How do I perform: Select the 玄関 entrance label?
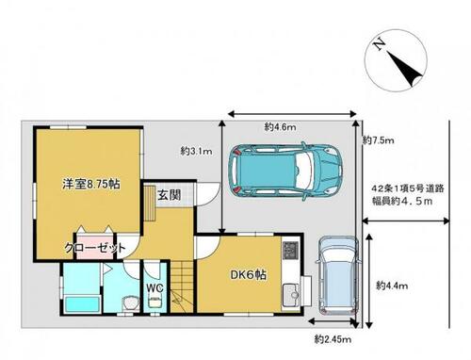tap(171, 194)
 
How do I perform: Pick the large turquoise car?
tap(288, 171)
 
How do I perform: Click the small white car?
tap(336, 273)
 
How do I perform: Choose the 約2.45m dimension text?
tap(332, 337)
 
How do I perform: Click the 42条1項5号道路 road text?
tap(405, 188)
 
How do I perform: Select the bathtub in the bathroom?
tap(79, 303)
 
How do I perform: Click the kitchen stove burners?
tap(290, 253)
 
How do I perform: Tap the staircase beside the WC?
tap(178, 298)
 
